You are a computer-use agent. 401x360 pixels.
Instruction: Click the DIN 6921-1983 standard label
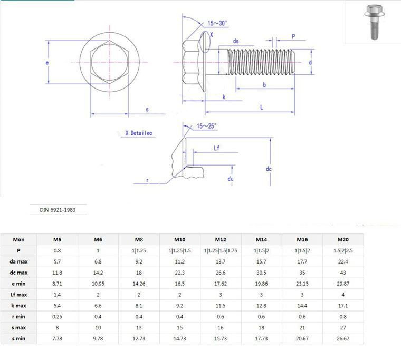click(58, 209)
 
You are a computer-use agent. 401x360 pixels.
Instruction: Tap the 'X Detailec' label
click(138, 134)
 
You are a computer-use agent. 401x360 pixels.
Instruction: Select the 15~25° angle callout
click(206, 126)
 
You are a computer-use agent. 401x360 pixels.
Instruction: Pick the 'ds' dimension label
click(236, 41)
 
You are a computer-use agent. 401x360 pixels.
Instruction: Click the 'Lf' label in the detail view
click(216, 149)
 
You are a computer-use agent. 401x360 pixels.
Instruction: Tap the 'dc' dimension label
click(268, 169)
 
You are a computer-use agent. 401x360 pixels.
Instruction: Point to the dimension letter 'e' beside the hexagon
click(47, 62)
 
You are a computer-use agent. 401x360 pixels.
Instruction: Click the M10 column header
click(180, 239)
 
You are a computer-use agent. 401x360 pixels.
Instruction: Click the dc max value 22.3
click(180, 273)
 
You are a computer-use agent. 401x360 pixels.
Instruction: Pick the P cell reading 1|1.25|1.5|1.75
click(221, 250)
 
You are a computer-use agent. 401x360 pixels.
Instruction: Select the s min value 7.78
click(58, 339)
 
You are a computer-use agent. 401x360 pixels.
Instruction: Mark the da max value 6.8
click(98, 261)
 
